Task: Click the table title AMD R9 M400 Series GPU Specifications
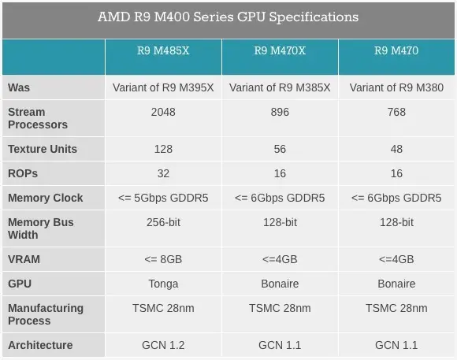228,17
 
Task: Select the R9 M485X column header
163,51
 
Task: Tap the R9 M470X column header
280,51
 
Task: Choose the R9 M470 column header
396,51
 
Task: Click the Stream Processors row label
38,118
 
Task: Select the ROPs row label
23,173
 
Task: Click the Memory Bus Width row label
41,228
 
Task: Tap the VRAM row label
24,259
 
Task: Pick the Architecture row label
40,345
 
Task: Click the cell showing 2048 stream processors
163,112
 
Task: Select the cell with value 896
280,112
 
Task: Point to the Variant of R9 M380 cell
396,87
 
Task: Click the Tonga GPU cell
163,284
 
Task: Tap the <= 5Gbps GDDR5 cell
163,198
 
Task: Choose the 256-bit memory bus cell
163,222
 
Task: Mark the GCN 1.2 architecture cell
163,345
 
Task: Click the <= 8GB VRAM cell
163,259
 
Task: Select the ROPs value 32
163,173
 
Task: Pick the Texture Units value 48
396,149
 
